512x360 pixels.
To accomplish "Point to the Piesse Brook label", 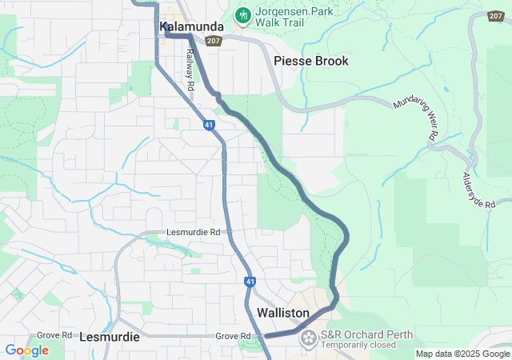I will pos(311,61).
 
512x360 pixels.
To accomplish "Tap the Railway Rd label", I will pos(191,70).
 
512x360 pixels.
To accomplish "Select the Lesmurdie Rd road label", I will pos(192,232).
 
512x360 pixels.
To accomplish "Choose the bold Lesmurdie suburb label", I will pos(110,337).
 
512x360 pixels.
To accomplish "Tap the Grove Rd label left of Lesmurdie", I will pos(54,335).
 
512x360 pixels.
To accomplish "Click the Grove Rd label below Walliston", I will pos(234,336).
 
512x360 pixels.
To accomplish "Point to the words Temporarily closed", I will pos(359,346).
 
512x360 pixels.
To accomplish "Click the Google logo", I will pos(26,350).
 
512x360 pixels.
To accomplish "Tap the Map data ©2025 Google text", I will pos(462,354).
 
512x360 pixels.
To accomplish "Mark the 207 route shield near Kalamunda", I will pos(213,40).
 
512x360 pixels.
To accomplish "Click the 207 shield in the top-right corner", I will pos(496,17).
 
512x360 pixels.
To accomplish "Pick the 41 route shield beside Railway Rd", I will pos(208,126).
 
